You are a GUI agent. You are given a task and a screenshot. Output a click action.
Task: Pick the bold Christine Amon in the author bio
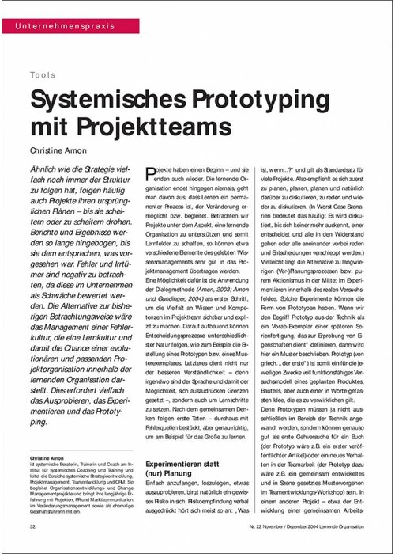50,458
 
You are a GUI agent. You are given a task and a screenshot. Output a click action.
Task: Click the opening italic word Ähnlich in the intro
47,170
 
